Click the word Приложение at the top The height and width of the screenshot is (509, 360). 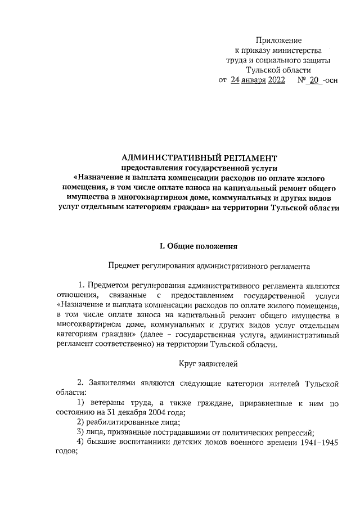(278, 40)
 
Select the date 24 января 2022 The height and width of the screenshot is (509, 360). (258, 80)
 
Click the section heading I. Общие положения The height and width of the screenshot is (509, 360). (200, 246)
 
